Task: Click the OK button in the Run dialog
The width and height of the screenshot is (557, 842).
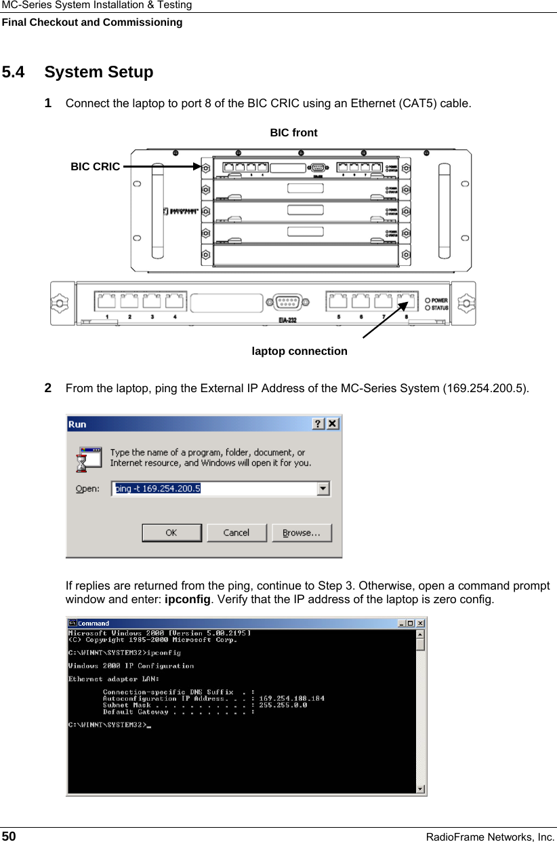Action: pyautogui.click(x=171, y=533)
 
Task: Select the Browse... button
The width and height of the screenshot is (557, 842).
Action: pyautogui.click(x=302, y=533)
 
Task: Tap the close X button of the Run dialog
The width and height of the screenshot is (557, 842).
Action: pyautogui.click(x=333, y=424)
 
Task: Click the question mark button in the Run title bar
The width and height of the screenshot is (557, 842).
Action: pyautogui.click(x=318, y=424)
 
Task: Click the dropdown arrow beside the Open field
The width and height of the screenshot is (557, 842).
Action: pyautogui.click(x=324, y=489)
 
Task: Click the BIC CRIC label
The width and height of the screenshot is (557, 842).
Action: pyautogui.click(x=96, y=166)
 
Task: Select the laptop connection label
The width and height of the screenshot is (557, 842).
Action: pyautogui.click(x=300, y=351)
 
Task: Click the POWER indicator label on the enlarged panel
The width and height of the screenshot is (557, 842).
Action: pyautogui.click(x=439, y=301)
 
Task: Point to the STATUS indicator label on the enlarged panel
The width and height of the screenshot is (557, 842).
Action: pyautogui.click(x=440, y=308)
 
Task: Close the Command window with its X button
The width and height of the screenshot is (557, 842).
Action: pyautogui.click(x=421, y=623)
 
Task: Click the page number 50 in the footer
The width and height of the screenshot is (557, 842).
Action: pyautogui.click(x=9, y=836)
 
